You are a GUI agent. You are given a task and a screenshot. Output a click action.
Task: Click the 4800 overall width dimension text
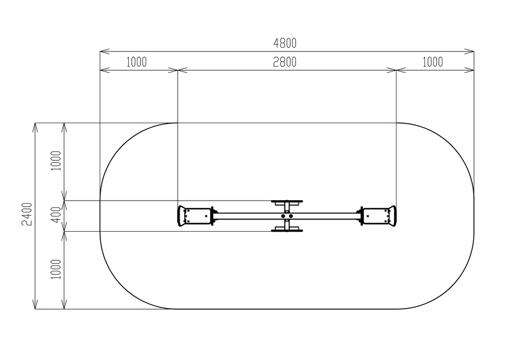click(285, 43)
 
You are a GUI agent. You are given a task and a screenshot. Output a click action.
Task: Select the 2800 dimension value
click(285, 62)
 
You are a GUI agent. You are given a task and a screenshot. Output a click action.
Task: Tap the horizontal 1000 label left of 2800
click(136, 62)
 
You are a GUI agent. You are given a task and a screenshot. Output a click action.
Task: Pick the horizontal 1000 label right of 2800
click(432, 62)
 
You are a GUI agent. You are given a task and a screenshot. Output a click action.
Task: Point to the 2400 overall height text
click(27, 214)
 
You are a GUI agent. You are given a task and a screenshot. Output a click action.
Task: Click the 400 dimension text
click(56, 215)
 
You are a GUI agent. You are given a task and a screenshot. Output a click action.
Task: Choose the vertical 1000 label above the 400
click(56, 161)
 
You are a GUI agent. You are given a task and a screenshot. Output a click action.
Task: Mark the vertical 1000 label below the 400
click(56, 269)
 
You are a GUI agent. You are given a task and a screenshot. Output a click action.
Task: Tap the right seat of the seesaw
click(379, 216)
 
